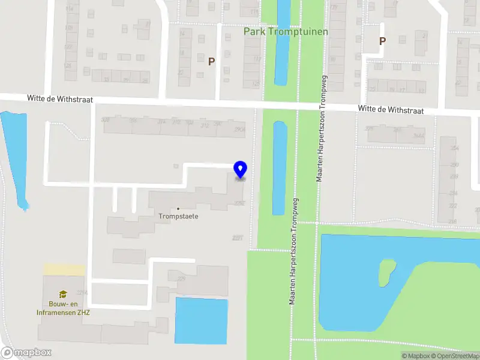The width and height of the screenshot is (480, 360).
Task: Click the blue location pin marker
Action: [240, 170]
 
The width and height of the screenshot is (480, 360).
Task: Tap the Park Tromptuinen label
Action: [286, 31]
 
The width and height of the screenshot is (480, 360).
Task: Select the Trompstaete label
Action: [178, 216]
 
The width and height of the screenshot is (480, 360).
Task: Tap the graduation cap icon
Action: [62, 294]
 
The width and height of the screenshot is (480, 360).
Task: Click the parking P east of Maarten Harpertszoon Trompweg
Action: [382, 41]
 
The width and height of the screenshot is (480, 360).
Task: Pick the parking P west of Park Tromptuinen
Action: [211, 61]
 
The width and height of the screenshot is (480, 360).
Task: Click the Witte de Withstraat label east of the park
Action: [391, 110]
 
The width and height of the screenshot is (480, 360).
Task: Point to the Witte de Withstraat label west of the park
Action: [59, 98]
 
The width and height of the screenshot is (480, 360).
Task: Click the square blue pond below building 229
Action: [201, 321]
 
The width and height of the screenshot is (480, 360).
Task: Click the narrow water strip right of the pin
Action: [279, 168]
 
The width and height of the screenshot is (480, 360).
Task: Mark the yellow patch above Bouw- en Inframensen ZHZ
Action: [63, 270]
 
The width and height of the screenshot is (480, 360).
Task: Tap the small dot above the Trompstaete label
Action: [178, 209]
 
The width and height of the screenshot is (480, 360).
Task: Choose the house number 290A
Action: [239, 128]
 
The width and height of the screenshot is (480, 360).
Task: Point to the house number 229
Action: [181, 279]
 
